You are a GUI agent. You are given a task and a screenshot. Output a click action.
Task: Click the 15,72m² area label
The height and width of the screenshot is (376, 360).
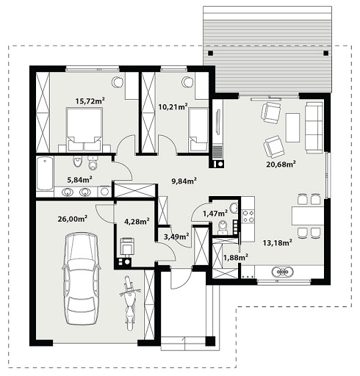point(90,101)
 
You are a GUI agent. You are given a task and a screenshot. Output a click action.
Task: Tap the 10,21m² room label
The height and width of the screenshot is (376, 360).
point(173,106)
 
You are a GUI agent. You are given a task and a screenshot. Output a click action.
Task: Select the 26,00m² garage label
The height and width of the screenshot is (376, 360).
point(73,219)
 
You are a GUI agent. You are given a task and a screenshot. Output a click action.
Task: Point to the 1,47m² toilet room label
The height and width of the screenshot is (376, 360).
point(215,214)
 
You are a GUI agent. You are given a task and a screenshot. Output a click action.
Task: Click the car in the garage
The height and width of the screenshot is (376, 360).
point(81,278)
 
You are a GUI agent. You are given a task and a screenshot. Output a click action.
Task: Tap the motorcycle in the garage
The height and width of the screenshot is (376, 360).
point(129,303)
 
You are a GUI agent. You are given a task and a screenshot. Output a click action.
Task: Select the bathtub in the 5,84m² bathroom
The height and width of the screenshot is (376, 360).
point(45,173)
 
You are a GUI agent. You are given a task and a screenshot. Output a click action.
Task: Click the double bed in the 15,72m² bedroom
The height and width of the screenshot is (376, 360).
point(84,129)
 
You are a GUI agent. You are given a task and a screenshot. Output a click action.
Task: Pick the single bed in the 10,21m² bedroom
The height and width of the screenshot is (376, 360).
point(198,130)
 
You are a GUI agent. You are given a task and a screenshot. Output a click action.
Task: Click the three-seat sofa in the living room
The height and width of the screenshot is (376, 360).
point(314,128)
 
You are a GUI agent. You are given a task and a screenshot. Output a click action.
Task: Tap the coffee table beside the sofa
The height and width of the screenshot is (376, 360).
point(292,128)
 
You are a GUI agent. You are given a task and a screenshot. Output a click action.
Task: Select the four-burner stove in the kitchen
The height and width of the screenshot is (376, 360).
point(248,217)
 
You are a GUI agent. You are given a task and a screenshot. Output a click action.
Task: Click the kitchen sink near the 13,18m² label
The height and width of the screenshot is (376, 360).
point(282,271)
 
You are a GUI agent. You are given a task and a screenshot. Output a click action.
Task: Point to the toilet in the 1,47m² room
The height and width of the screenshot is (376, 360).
point(223,228)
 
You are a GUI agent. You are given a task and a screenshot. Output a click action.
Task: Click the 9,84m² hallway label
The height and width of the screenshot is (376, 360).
point(184,181)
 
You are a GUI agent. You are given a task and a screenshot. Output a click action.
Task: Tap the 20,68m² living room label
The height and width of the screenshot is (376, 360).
point(281,164)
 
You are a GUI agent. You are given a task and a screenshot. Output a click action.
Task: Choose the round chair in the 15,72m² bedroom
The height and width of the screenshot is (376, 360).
point(117,82)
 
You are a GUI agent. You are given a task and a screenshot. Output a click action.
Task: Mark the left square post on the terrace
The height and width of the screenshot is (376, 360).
point(210,53)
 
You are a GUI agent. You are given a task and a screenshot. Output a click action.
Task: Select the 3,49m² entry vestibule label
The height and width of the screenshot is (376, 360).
point(176,236)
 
